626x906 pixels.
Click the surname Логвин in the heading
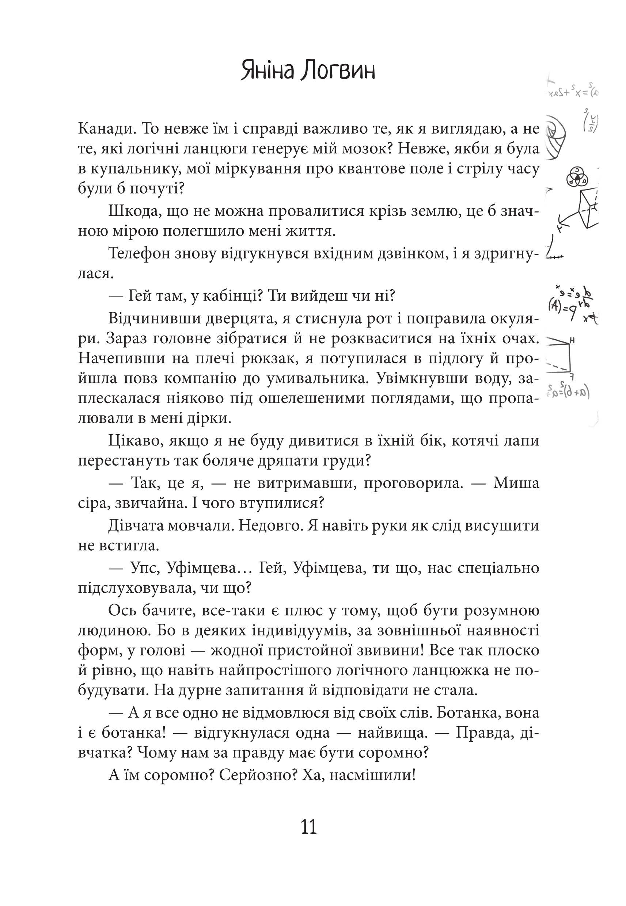[x=338, y=71]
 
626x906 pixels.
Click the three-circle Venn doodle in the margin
[x=578, y=177]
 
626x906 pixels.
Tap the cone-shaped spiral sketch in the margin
[x=557, y=137]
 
